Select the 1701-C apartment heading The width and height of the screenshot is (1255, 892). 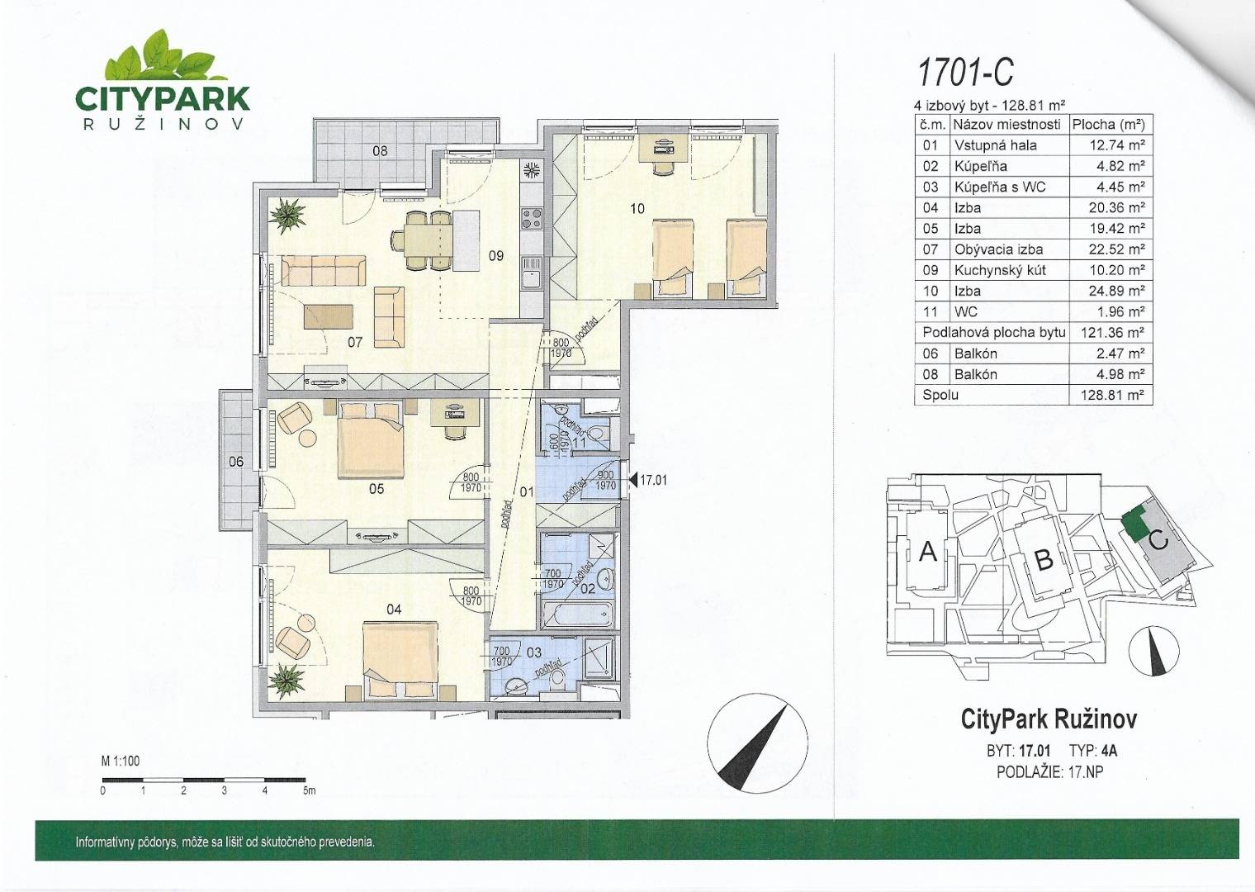point(964,74)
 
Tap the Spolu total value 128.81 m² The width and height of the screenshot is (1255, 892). point(1111,395)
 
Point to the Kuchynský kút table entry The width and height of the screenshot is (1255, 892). point(1000,270)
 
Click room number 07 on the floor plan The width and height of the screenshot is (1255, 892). point(355,342)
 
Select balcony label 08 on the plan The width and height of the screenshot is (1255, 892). point(380,150)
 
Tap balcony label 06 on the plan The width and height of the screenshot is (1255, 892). point(236,462)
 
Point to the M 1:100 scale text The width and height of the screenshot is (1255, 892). point(121,761)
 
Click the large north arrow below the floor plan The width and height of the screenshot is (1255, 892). point(757,742)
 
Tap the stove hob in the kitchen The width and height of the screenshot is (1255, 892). point(532,218)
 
